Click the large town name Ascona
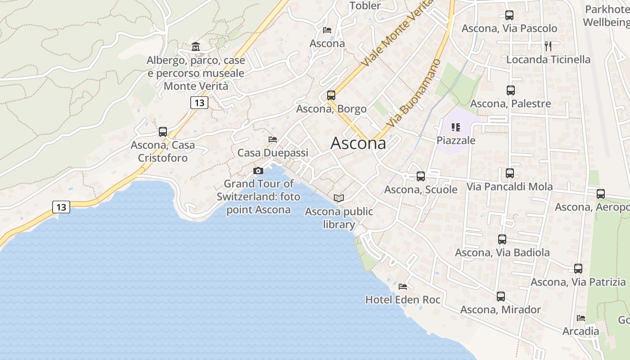tap(358, 143)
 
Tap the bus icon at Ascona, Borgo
tap(331, 95)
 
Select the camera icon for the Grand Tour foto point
tap(258, 171)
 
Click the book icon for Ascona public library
tap(339, 198)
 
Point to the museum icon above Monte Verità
tap(196, 46)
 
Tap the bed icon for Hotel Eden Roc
tap(403, 286)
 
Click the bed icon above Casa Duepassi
tap(273, 139)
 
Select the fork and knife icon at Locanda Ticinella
tap(548, 46)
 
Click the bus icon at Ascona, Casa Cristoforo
tap(163, 132)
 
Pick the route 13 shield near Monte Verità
tap(199, 103)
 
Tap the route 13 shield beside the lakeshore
tap(61, 207)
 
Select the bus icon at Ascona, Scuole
tap(421, 176)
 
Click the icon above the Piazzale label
tap(456, 127)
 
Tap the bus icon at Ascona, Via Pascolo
tap(509, 15)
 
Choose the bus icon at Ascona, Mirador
tap(501, 297)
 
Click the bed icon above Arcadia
tap(581, 318)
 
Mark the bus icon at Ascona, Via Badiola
tap(502, 239)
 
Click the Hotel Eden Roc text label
tap(403, 299)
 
